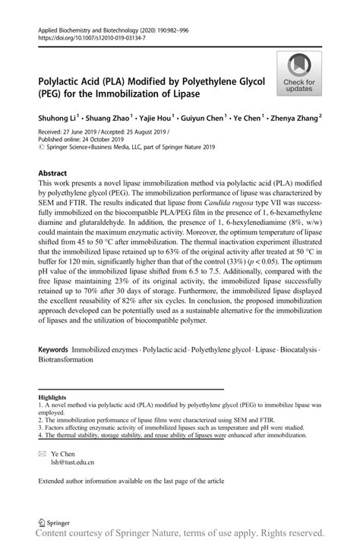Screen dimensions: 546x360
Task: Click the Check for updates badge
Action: point(300,74)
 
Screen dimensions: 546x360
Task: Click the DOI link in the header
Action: point(80,36)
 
